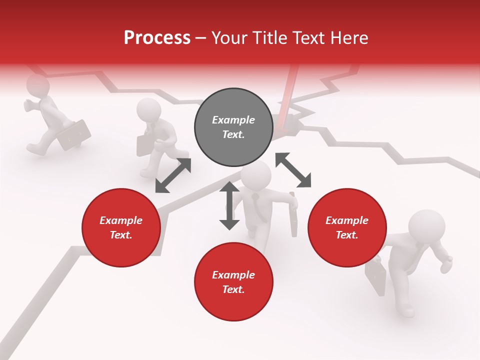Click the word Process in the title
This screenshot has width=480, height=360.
tap(157, 37)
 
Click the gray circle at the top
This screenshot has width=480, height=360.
tap(233, 127)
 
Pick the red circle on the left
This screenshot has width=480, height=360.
tap(121, 227)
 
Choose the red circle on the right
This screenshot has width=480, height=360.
tap(347, 227)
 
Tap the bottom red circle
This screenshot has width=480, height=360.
tap(233, 282)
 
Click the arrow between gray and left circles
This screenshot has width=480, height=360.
tap(173, 175)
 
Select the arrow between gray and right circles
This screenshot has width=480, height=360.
tap(293, 170)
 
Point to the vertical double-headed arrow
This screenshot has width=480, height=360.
tap(229, 205)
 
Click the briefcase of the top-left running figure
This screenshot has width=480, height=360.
tap(74, 134)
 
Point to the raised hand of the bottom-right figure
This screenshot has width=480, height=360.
tap(446, 263)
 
